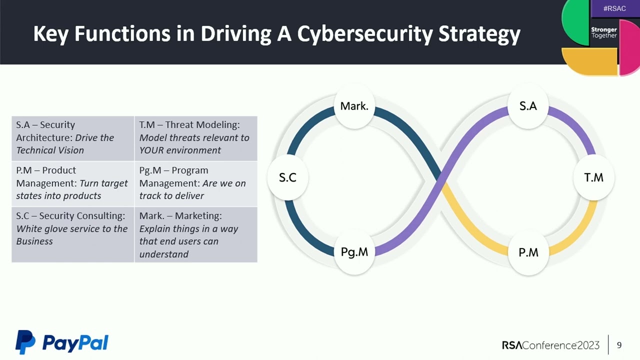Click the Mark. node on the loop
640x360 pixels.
(x=354, y=106)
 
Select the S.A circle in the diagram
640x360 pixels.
(x=528, y=106)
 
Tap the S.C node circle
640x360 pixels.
(x=287, y=177)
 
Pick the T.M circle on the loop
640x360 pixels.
(x=594, y=177)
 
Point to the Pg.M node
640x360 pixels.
(x=354, y=252)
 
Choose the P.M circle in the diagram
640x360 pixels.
(x=528, y=252)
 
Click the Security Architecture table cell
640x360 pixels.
(x=73, y=138)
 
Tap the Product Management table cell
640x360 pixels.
(x=73, y=183)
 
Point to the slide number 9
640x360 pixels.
(x=619, y=345)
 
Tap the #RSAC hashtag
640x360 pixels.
(x=614, y=8)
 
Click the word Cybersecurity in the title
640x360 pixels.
(x=365, y=34)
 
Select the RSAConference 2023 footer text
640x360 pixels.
(x=550, y=345)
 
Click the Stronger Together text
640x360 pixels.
(x=604, y=32)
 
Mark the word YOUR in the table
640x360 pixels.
(x=151, y=150)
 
